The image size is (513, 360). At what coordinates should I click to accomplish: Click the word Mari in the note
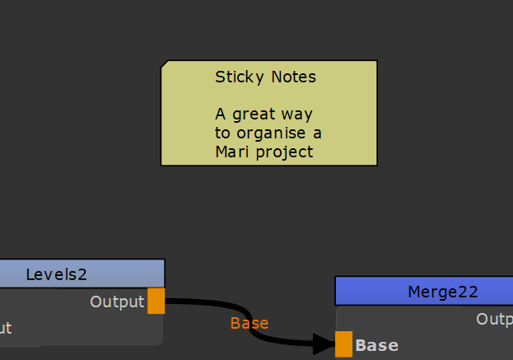(231, 152)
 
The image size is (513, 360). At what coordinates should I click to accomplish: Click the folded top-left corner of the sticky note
(165, 64)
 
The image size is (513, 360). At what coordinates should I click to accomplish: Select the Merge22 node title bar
(442, 291)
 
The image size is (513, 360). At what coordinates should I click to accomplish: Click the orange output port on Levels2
(156, 302)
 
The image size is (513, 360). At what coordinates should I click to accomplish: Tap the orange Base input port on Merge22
(343, 344)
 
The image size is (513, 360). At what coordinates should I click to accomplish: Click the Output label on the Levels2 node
(117, 302)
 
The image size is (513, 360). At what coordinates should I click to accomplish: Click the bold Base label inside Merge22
(376, 345)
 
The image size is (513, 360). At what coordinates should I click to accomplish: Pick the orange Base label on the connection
(250, 323)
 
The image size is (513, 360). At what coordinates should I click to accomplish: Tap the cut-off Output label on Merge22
(494, 319)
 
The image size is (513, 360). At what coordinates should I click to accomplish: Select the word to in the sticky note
(223, 133)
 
